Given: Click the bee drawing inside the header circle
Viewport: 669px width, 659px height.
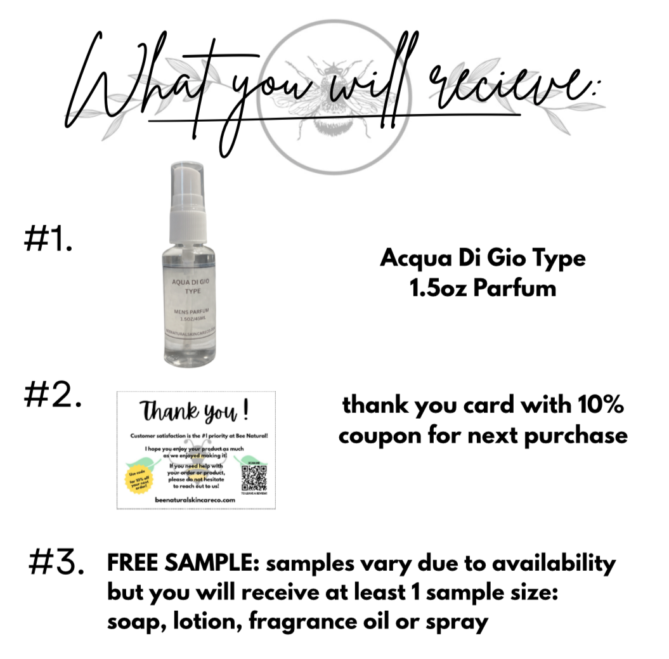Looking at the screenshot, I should pos(334,96).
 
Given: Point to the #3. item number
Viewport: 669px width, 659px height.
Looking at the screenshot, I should pos(56,563).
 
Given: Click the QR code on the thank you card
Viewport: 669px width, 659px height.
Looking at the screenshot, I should pos(254,477).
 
